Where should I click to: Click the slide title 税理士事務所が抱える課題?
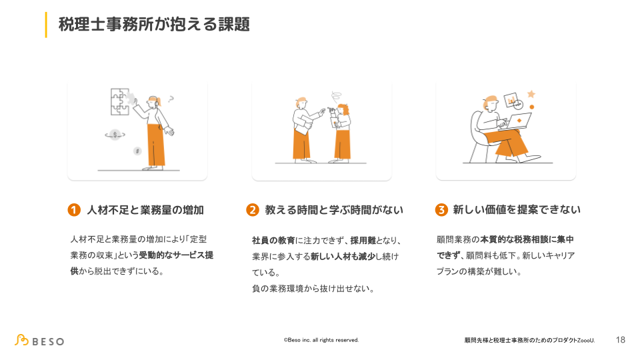[154, 25]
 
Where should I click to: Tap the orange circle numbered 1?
[74, 210]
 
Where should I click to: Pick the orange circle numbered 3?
[441, 210]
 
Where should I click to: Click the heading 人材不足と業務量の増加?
[145, 210]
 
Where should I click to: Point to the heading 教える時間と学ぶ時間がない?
[334, 210]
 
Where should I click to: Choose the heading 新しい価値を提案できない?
[517, 210]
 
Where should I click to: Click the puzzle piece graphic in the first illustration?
[121, 101]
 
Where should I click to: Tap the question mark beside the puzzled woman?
[171, 99]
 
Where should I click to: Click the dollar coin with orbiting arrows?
[115, 135]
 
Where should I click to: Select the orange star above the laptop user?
[531, 94]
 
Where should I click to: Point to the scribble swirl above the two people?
[334, 95]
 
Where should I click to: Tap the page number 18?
[621, 340]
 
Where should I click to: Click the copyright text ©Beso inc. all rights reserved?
[321, 340]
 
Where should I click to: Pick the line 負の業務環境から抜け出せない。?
[313, 289]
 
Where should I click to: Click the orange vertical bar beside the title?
[46, 25]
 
